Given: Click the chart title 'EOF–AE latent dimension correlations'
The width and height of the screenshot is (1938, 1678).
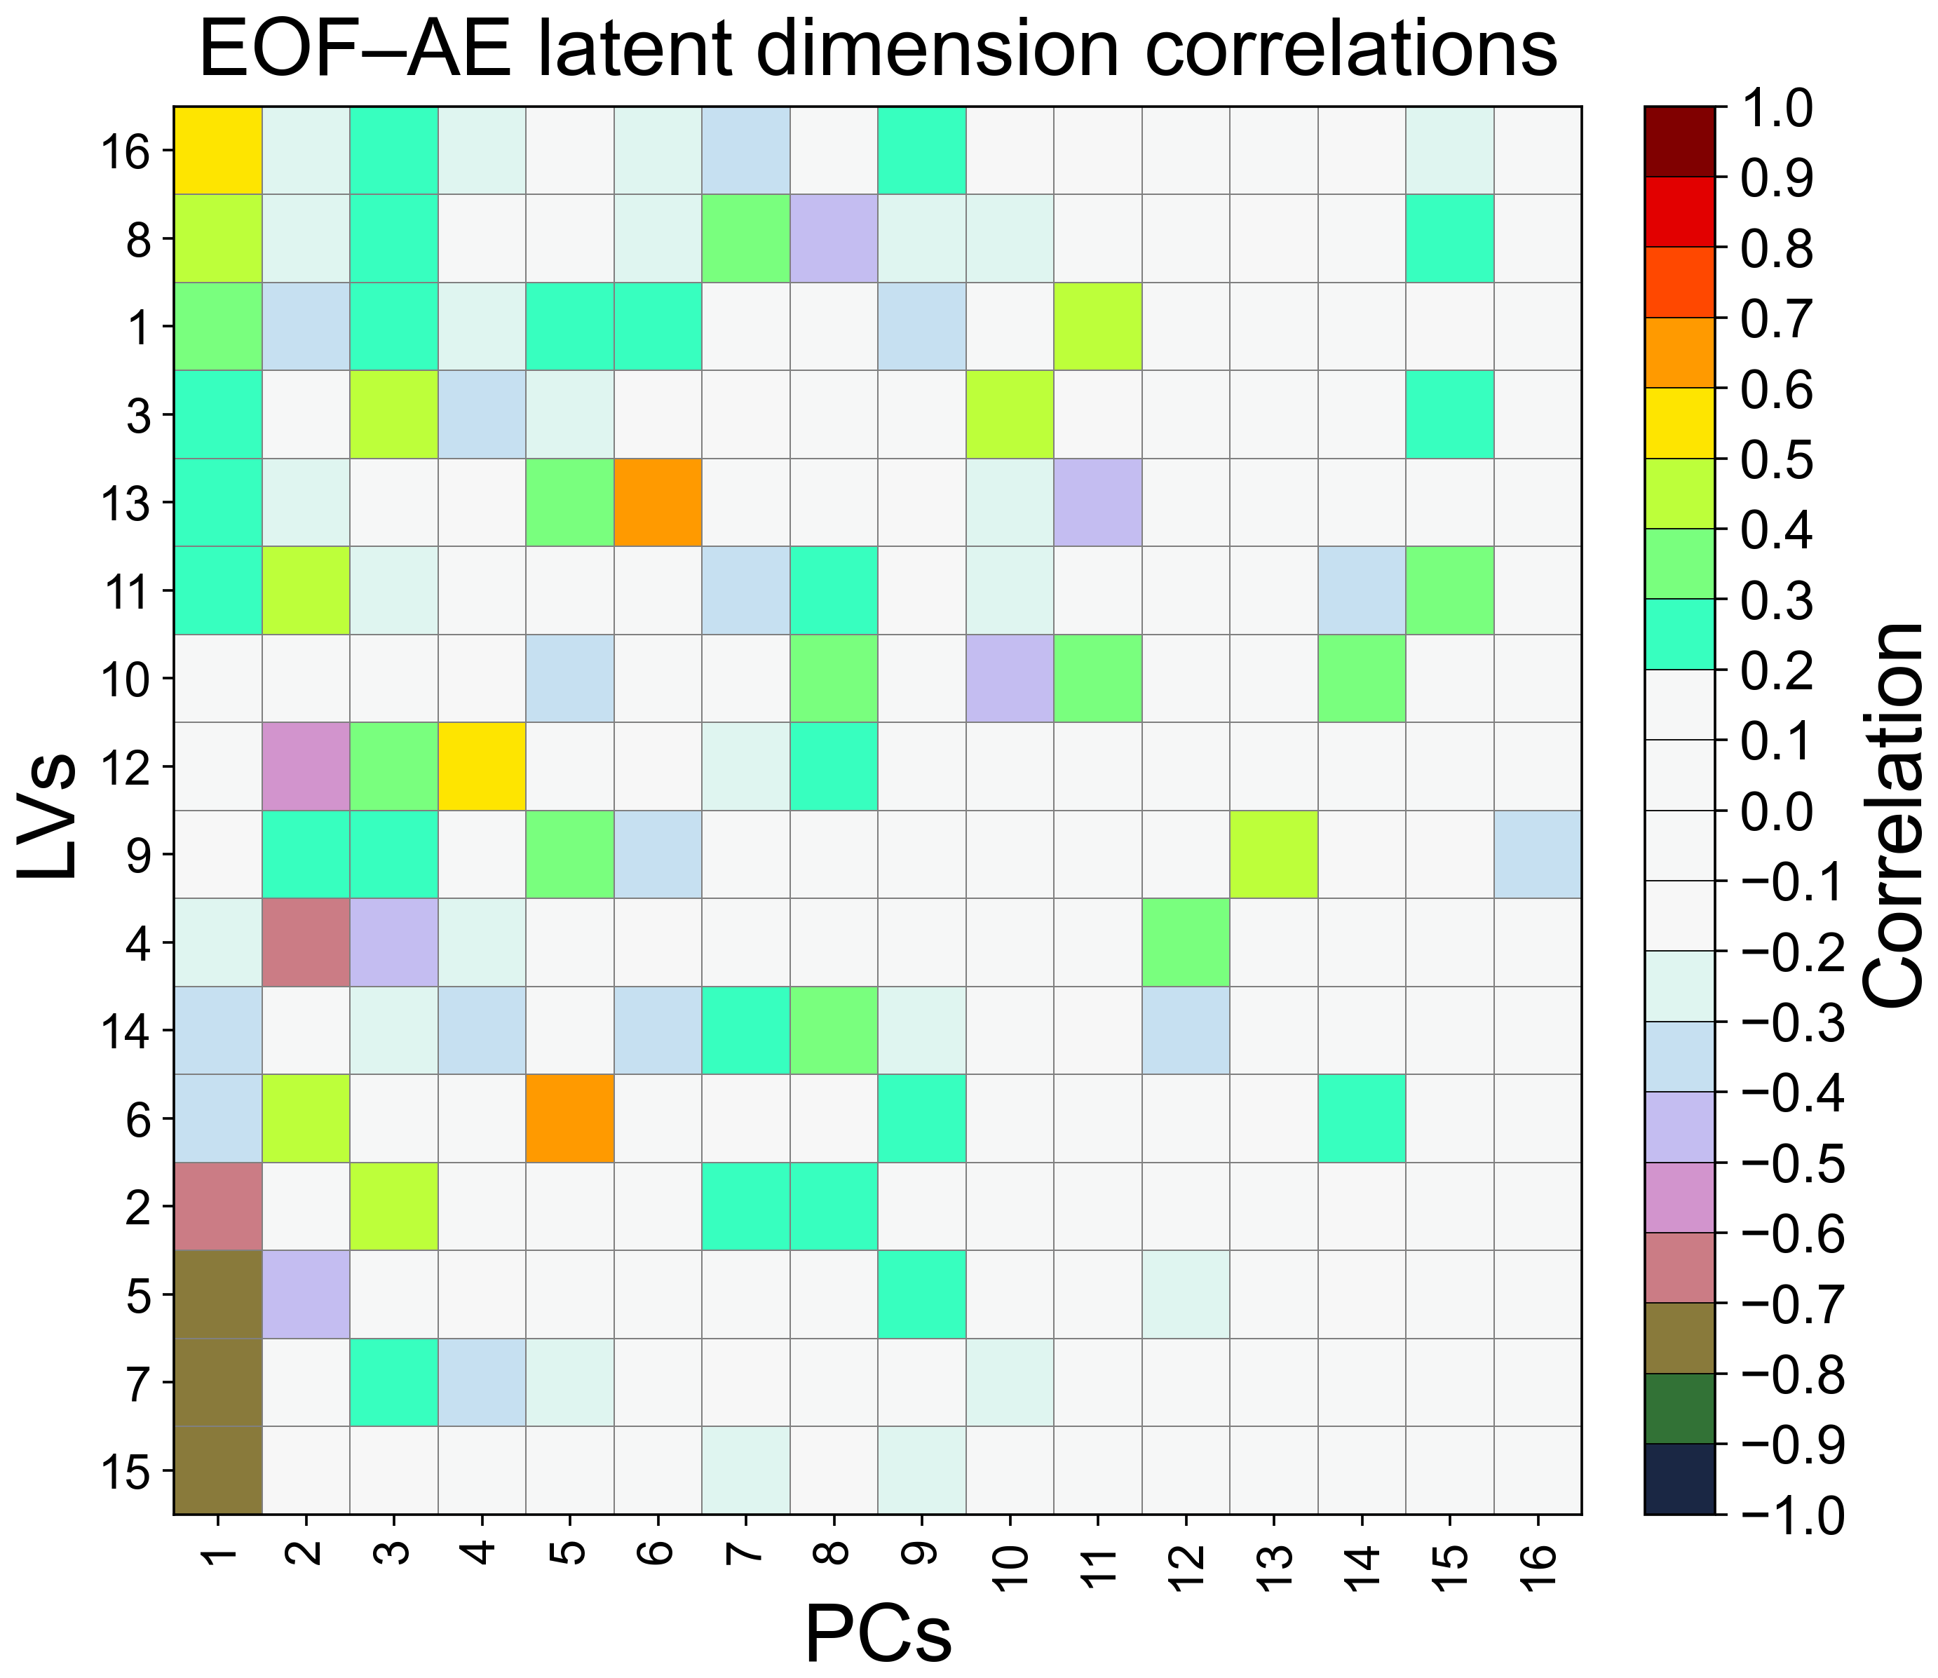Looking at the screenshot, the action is (x=878, y=48).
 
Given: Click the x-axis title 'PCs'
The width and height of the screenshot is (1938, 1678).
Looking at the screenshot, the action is (x=878, y=1633).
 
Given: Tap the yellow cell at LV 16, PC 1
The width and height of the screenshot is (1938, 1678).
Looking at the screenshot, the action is (x=217, y=150).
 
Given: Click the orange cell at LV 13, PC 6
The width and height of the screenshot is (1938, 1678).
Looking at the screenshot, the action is (x=657, y=502).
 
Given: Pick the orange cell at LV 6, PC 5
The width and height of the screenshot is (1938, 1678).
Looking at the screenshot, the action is (x=569, y=1118).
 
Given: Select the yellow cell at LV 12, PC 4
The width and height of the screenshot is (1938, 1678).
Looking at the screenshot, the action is (x=481, y=766).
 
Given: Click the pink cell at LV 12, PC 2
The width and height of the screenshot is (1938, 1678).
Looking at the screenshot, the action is (x=305, y=766).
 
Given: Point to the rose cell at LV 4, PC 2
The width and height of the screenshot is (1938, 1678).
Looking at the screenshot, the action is (x=305, y=942).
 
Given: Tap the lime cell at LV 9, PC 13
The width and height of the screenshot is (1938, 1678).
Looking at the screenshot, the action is (x=1273, y=854).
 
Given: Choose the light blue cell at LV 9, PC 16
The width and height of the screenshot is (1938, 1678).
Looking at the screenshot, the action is (x=1538, y=854).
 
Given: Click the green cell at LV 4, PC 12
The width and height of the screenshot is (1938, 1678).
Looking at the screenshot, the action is (x=1185, y=942).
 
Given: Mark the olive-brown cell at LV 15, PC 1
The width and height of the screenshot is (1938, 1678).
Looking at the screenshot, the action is (x=217, y=1470).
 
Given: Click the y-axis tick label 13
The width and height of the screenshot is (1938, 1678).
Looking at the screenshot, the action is (x=123, y=503).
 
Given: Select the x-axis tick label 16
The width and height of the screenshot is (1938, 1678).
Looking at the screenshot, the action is (x=1538, y=1567).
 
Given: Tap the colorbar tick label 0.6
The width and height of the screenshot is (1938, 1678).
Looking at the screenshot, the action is (x=1776, y=390).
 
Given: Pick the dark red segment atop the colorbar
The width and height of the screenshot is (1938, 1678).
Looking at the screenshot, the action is (x=1679, y=142).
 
